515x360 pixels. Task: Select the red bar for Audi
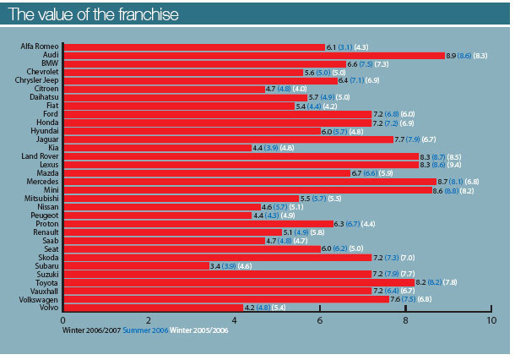pyautogui.click(x=253, y=55)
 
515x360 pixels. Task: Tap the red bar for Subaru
pyautogui.click(x=135, y=265)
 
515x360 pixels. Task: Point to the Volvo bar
pyautogui.click(x=152, y=307)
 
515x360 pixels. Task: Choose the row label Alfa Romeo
pyautogui.click(x=39, y=46)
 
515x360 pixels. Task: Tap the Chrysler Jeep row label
pyautogui.click(x=35, y=80)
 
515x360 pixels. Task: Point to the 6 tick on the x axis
pyautogui.click(x=320, y=321)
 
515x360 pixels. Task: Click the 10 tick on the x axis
pyautogui.click(x=491, y=321)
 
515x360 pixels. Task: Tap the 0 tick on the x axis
pyautogui.click(x=63, y=321)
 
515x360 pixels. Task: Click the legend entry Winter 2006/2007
pyautogui.click(x=92, y=331)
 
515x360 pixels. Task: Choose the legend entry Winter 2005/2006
pyautogui.click(x=199, y=331)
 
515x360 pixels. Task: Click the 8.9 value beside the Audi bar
pyautogui.click(x=452, y=55)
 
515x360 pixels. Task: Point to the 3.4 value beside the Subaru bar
pyautogui.click(x=215, y=265)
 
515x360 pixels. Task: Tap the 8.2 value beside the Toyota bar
pyautogui.click(x=421, y=281)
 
